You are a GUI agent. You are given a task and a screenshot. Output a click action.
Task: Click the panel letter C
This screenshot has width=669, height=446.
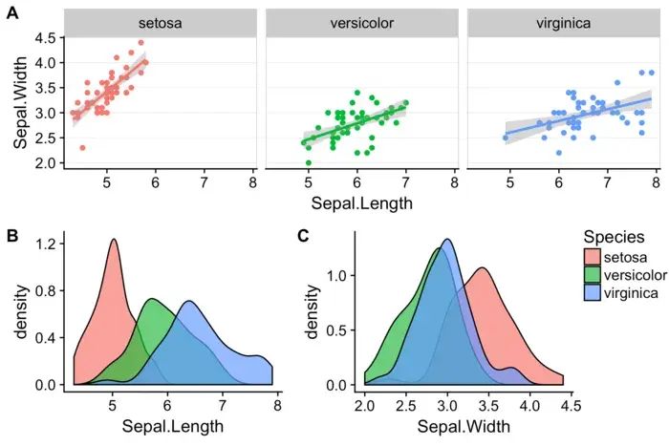303,234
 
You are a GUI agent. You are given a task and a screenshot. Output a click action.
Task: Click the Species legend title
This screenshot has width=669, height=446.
613,237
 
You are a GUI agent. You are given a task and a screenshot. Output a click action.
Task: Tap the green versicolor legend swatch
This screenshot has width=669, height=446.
593,275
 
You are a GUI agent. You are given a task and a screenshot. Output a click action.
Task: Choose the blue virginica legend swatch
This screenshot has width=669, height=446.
593,293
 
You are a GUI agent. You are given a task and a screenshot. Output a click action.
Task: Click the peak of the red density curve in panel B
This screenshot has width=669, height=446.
114,240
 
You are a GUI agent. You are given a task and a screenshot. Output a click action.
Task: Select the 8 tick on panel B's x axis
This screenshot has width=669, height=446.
276,405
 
